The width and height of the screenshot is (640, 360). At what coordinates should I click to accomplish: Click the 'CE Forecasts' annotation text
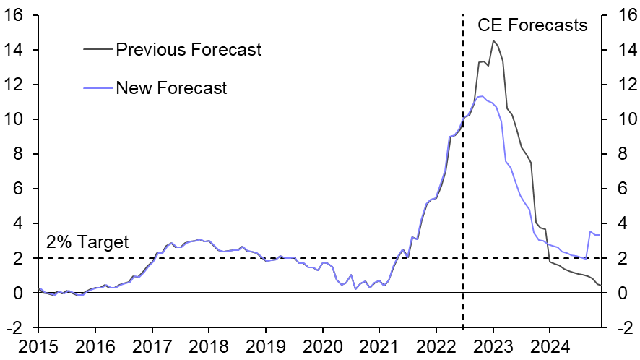click(532, 25)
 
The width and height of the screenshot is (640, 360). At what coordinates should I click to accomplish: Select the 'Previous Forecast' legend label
click(189, 50)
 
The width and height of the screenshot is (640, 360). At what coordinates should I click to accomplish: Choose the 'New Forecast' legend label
click(171, 88)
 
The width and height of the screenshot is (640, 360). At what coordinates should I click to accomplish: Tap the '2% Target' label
click(87, 242)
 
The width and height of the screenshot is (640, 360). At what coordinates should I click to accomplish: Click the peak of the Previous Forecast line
click(493, 40)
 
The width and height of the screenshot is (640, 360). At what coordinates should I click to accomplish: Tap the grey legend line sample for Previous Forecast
click(98, 50)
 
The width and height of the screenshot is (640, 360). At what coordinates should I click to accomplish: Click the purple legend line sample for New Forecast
click(98, 88)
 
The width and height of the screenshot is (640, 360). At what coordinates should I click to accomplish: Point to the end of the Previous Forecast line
click(601, 286)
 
